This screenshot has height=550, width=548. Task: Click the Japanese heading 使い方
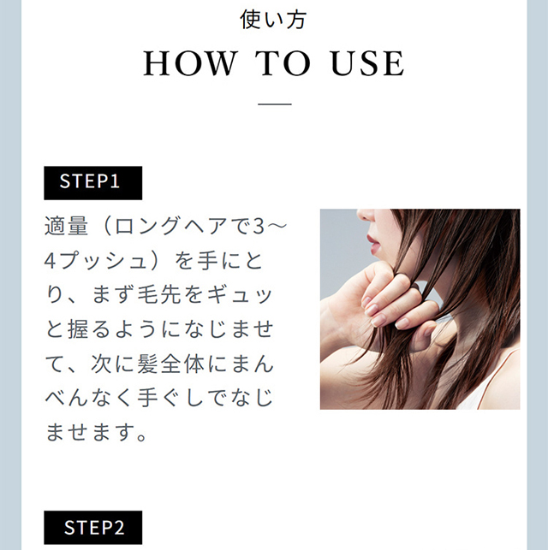coord(273,20)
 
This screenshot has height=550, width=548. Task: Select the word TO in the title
coord(283,63)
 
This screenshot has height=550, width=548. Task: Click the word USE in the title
coord(367,63)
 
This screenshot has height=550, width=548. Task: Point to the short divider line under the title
coord(275,104)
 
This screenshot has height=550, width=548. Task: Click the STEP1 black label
coord(93,183)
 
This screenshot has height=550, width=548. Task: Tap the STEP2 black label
coord(93,527)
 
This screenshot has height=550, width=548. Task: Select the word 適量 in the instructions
coord(66,226)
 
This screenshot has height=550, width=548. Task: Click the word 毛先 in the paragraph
coord(159,294)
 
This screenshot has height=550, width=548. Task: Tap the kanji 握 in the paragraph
coord(78,329)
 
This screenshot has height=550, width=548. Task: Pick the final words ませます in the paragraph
coord(89,432)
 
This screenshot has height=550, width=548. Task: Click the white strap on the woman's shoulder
coord(495,379)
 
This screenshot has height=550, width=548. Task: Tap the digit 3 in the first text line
coord(258,226)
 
